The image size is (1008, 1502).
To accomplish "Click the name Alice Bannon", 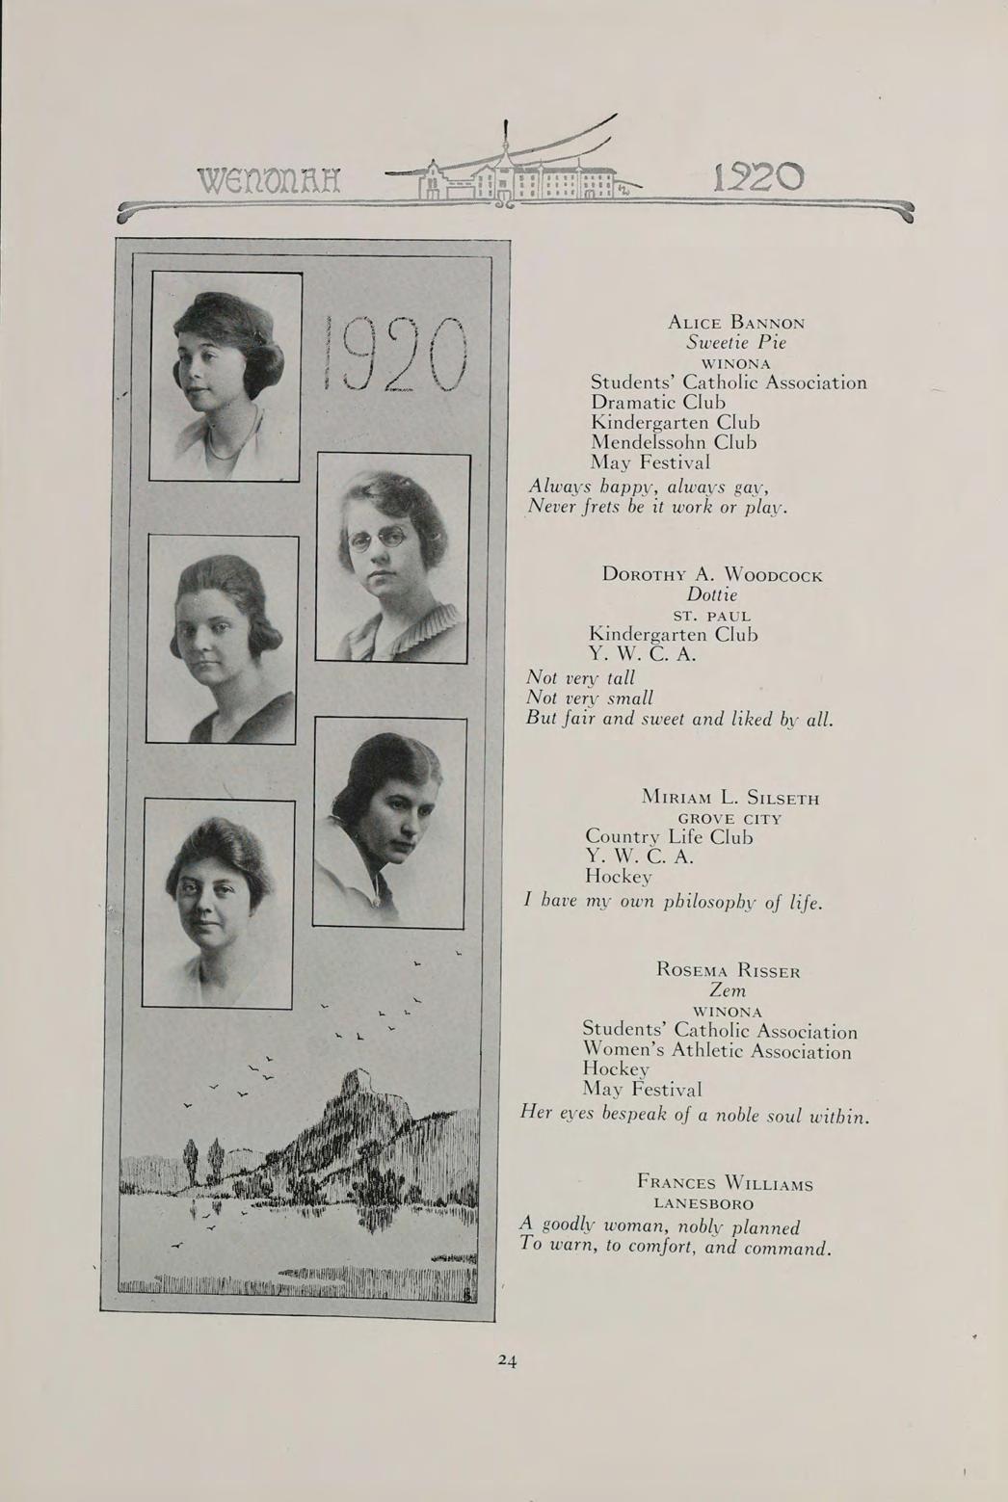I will click(736, 322).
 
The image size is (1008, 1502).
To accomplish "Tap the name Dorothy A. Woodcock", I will click(712, 575).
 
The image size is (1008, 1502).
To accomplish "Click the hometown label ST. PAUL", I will click(711, 616).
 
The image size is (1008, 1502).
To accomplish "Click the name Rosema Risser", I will click(728, 969).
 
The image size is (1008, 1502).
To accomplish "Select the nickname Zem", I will click(728, 990).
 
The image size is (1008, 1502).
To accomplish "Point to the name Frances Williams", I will click(725, 1183).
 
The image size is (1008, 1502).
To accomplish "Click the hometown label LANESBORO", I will click(703, 1204).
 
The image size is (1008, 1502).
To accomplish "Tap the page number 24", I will click(508, 1360).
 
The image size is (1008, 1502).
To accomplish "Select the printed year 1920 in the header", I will click(761, 177).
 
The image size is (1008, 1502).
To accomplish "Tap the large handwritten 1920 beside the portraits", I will click(397, 356).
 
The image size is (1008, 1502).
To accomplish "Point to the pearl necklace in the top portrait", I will click(229, 438).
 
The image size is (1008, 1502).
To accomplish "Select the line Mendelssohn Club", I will click(674, 442).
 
